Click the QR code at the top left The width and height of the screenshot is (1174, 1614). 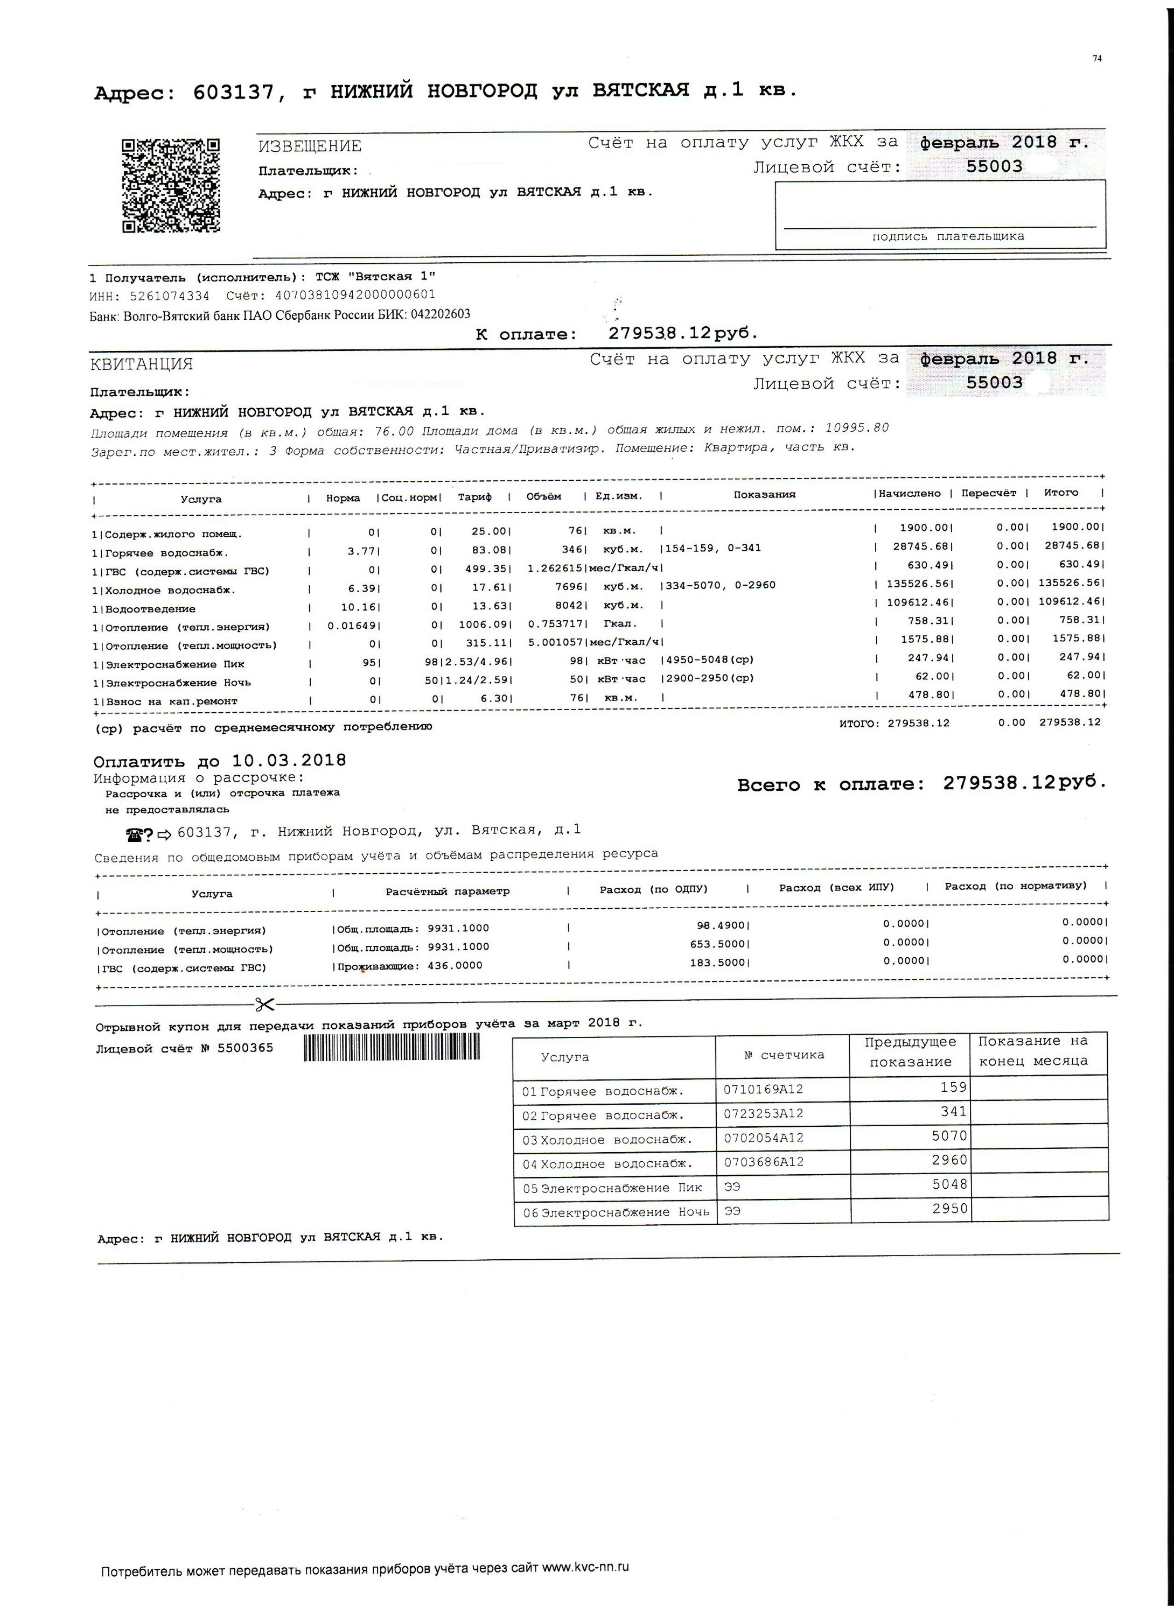171,186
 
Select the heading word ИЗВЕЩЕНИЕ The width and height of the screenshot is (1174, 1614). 310,146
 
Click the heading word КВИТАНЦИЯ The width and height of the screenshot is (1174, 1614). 142,364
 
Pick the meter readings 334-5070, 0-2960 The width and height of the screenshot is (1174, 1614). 721,585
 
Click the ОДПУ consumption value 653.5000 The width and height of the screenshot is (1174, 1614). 721,944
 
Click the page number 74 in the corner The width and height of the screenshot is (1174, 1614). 1096,59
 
